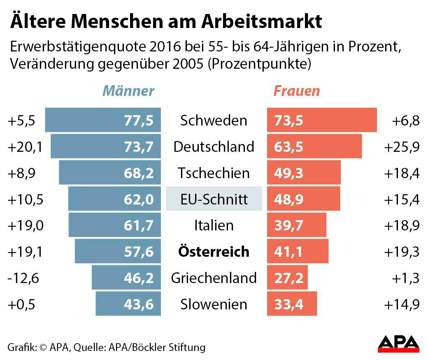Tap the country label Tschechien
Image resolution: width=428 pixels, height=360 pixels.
[x=214, y=173]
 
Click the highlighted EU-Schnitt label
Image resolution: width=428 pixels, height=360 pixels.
[x=214, y=199]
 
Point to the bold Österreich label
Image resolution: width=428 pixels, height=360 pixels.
[x=214, y=251]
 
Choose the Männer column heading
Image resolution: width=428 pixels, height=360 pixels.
[x=128, y=91]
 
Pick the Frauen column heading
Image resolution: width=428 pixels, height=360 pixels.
[x=296, y=91]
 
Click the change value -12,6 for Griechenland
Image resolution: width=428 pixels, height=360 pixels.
[x=23, y=278]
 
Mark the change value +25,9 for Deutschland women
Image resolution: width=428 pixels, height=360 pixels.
[x=402, y=146]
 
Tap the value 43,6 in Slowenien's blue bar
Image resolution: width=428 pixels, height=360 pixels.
[x=138, y=304]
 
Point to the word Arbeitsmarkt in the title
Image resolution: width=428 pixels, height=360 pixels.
[x=261, y=22]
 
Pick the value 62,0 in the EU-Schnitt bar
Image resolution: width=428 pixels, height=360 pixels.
[x=138, y=199]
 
